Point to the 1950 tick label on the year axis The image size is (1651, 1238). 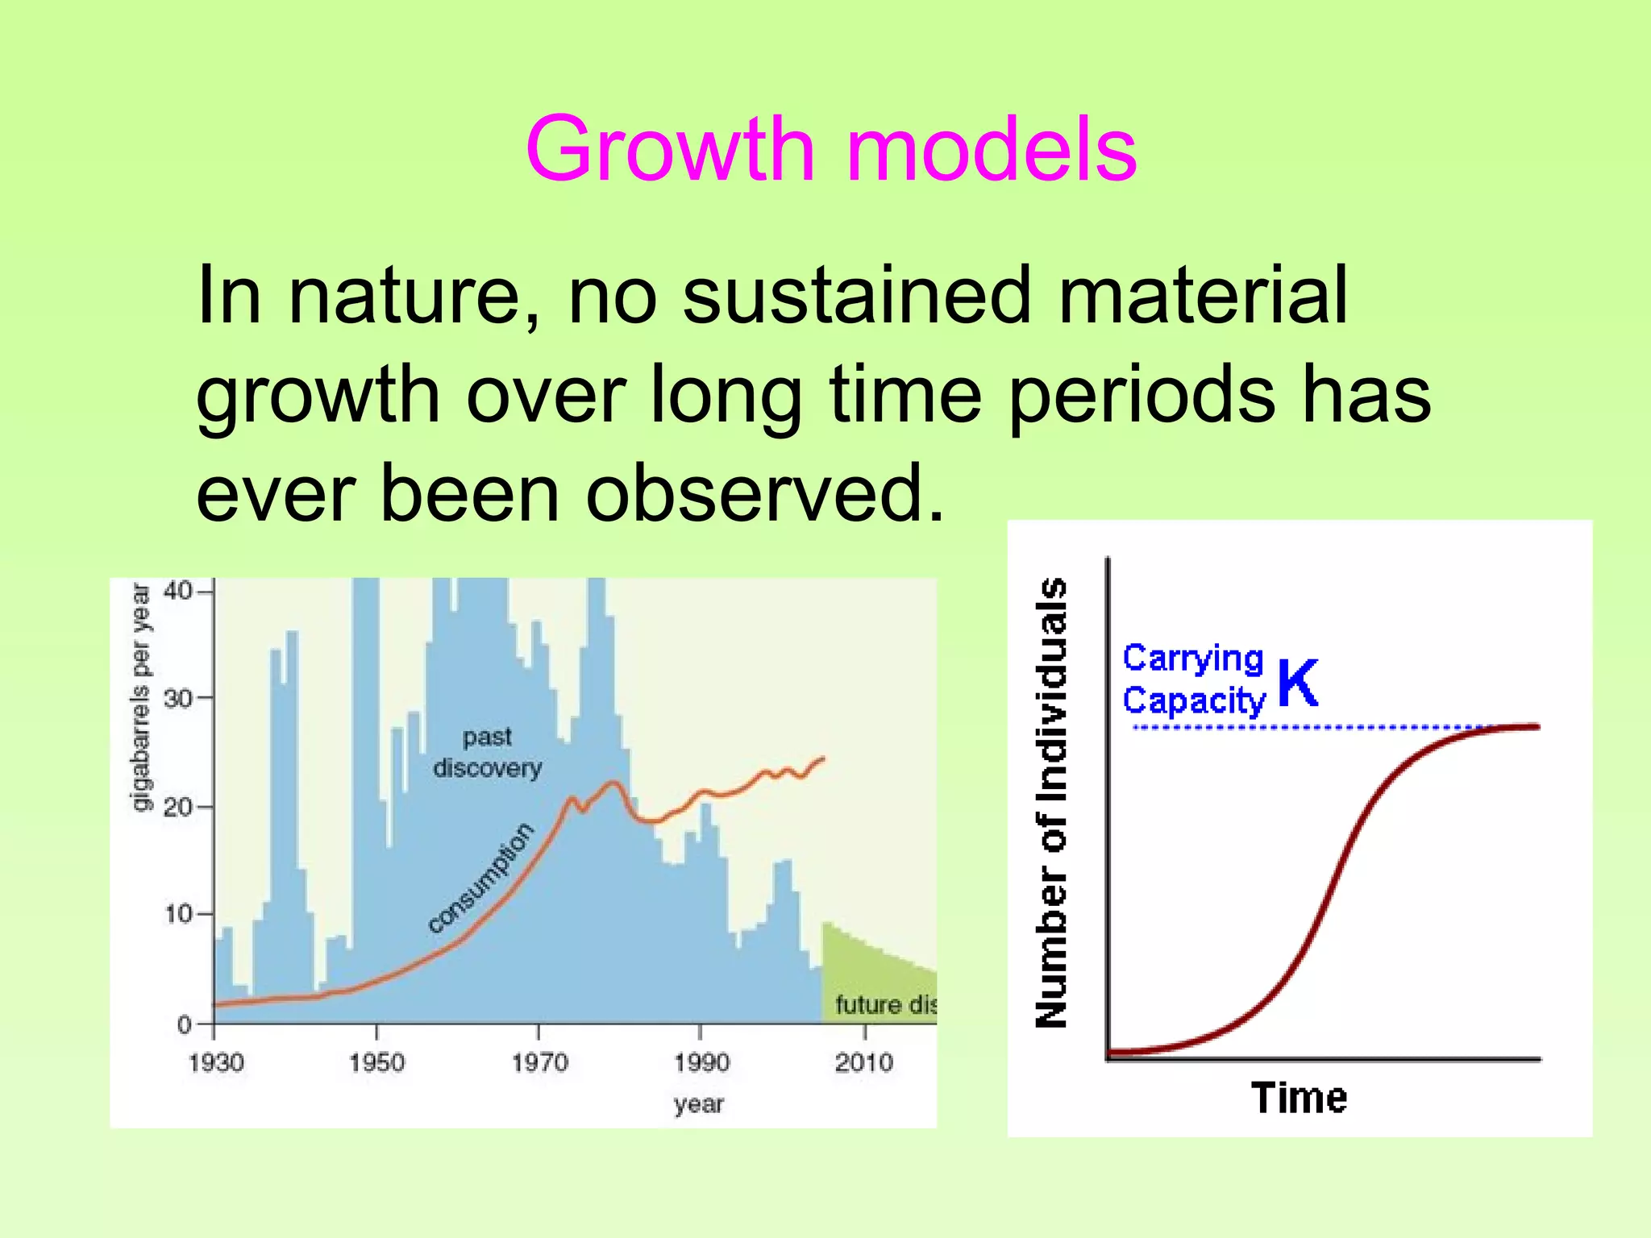tap(376, 1062)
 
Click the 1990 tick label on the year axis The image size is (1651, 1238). tap(701, 1062)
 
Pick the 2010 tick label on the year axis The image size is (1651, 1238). tap(863, 1062)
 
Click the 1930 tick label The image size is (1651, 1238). tap(216, 1062)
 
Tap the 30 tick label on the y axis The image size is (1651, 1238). tap(177, 698)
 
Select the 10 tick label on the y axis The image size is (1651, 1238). tap(177, 914)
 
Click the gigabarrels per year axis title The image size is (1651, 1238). tap(140, 697)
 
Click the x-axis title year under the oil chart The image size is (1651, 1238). tap(699, 1103)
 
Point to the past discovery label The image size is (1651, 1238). tap(488, 752)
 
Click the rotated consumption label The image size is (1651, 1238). tap(481, 878)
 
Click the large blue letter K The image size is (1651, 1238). tap(1298, 683)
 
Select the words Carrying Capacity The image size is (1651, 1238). tap(1194, 679)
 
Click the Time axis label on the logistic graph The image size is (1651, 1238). tap(1299, 1098)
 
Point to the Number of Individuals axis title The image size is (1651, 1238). tap(1051, 802)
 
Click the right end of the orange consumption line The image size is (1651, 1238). tap(823, 758)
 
